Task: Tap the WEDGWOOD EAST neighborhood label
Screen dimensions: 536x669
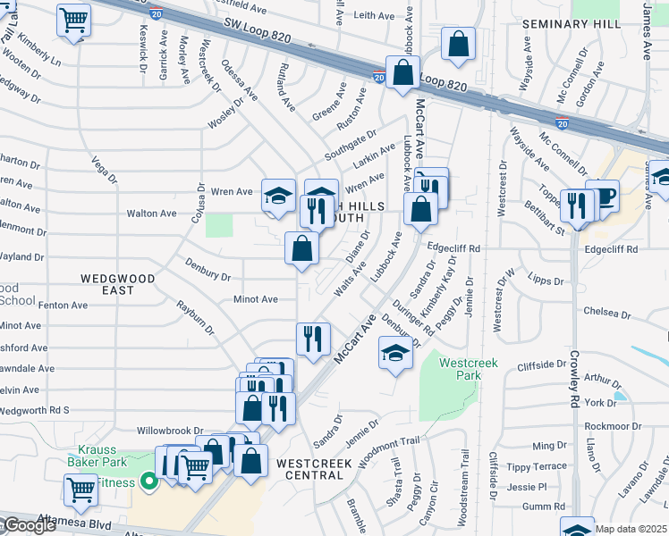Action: point(118,284)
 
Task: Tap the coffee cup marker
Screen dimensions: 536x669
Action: point(605,196)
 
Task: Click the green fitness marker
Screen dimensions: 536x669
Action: point(149,482)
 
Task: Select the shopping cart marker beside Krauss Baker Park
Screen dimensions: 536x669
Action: point(80,488)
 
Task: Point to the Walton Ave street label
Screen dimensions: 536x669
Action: point(151,214)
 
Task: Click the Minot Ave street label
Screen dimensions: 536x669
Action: point(255,299)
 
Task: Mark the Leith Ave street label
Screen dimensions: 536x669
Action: point(374,15)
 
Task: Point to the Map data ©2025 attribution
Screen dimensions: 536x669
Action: point(630,529)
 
